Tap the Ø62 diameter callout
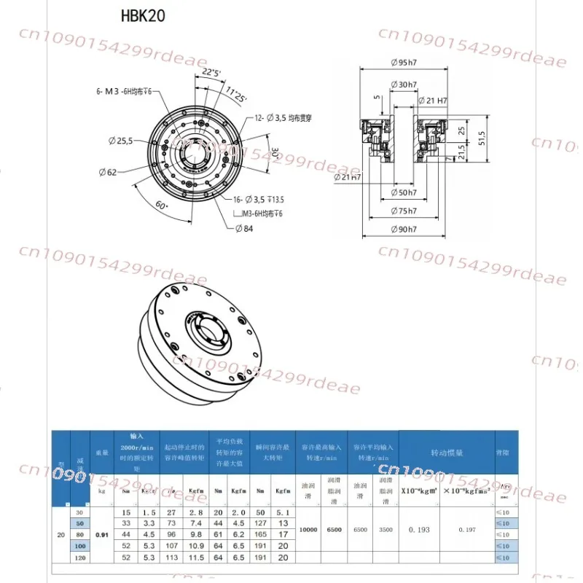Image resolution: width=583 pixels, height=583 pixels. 108,173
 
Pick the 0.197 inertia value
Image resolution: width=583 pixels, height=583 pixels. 470,530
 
